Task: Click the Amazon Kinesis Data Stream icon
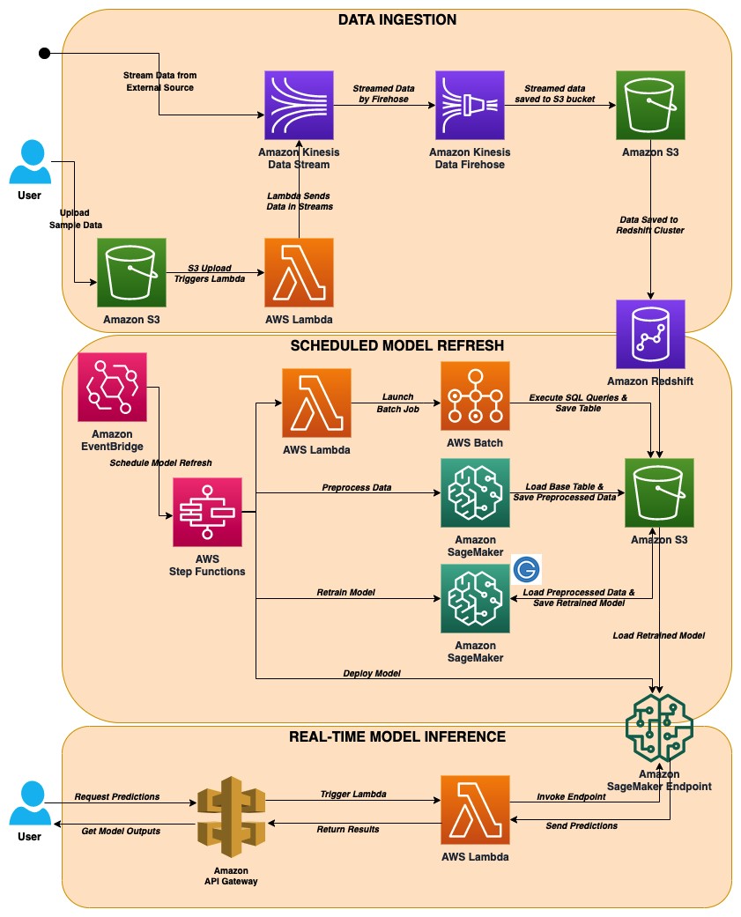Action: click(300, 107)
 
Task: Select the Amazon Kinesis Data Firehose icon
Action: click(468, 107)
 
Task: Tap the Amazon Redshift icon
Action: click(650, 334)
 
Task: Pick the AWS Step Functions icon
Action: click(207, 511)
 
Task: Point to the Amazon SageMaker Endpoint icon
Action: click(660, 727)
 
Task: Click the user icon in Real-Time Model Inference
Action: click(29, 804)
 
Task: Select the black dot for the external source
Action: click(43, 55)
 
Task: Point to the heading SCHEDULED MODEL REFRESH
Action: click(397, 345)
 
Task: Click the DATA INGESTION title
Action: click(397, 18)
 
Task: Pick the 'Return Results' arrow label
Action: click(347, 829)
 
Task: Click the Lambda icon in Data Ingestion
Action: click(300, 271)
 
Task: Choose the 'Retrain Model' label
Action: click(346, 592)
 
